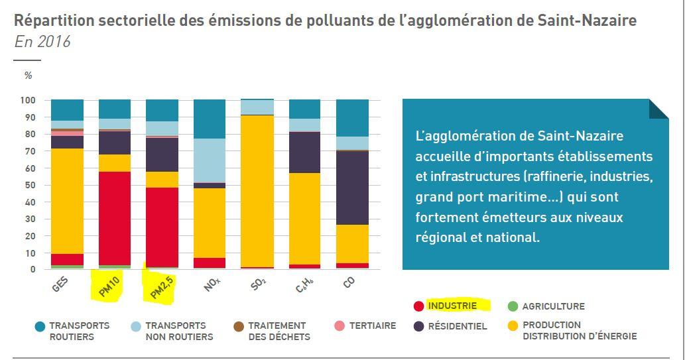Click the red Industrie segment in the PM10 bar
coord(114,218)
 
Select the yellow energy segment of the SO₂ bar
coord(257,191)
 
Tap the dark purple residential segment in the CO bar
coord(352,188)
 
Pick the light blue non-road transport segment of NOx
coord(210,160)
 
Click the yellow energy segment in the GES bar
coord(67,201)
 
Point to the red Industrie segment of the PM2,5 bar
coord(162,227)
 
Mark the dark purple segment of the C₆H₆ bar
coord(304,152)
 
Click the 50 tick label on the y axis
coord(30,185)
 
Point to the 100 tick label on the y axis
coord(28,100)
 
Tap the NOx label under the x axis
coord(212,285)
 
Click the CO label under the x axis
coord(349,283)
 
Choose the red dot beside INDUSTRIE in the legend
coord(419,306)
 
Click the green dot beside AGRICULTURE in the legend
coord(513,306)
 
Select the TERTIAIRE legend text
coord(373,326)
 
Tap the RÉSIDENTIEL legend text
coord(458,326)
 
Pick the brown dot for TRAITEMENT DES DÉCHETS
coord(239,326)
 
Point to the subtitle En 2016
coord(42,42)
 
